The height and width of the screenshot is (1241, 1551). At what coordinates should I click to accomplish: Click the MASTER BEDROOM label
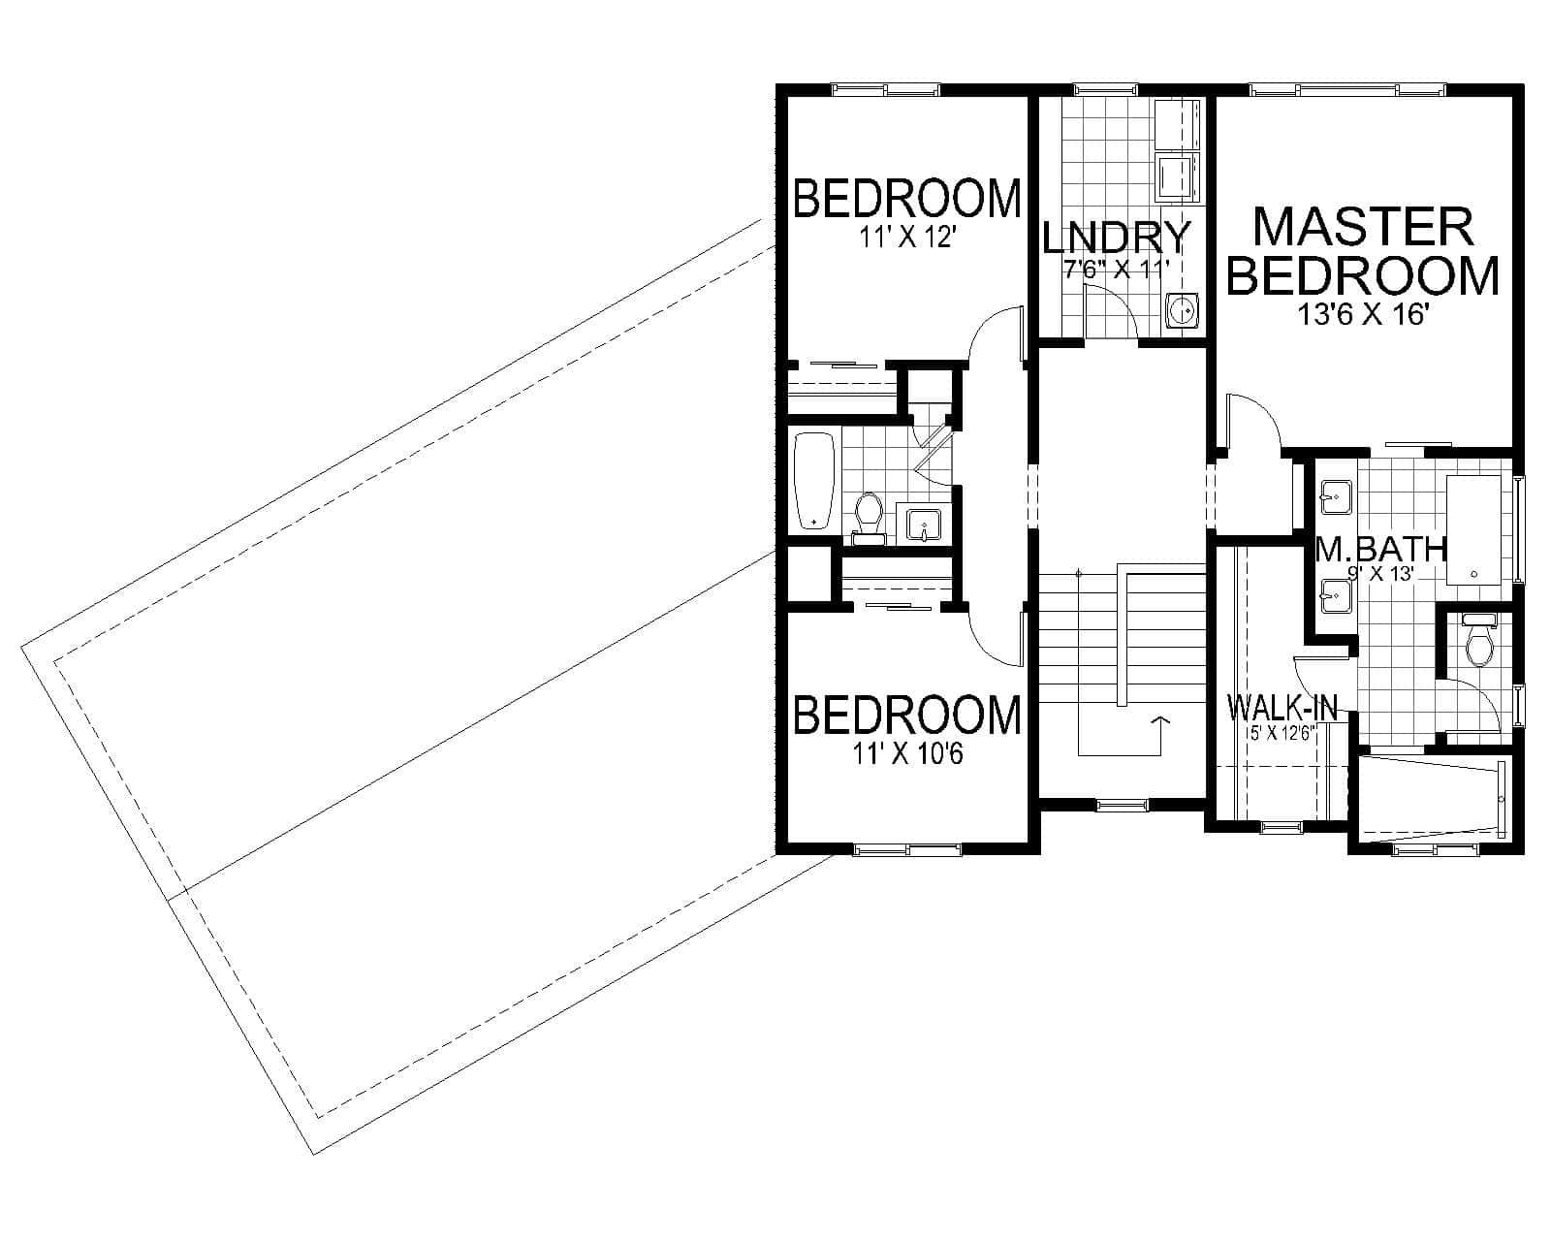click(x=1363, y=252)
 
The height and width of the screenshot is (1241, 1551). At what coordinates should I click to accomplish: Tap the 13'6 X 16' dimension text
click(x=1363, y=314)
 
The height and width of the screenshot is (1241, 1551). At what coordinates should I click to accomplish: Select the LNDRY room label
click(x=1116, y=238)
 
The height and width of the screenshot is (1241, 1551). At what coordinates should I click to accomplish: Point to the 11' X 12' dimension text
click(x=907, y=237)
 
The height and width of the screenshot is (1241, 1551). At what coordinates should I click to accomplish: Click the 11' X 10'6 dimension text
click(x=907, y=753)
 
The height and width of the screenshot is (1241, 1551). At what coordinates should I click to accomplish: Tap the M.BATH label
click(x=1380, y=550)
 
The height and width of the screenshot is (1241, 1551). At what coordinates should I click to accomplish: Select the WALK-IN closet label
click(x=1282, y=708)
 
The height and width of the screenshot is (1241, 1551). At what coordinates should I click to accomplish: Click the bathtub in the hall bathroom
click(x=813, y=481)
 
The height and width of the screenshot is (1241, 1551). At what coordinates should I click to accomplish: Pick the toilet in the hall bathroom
click(x=869, y=514)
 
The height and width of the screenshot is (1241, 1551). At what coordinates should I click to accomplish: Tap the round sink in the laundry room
click(x=1182, y=311)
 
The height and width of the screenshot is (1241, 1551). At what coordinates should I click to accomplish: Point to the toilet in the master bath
click(x=1478, y=643)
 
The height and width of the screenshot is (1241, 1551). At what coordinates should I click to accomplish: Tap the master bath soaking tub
click(x=1478, y=530)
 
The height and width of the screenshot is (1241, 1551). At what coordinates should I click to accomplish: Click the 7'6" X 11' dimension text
click(x=1117, y=269)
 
